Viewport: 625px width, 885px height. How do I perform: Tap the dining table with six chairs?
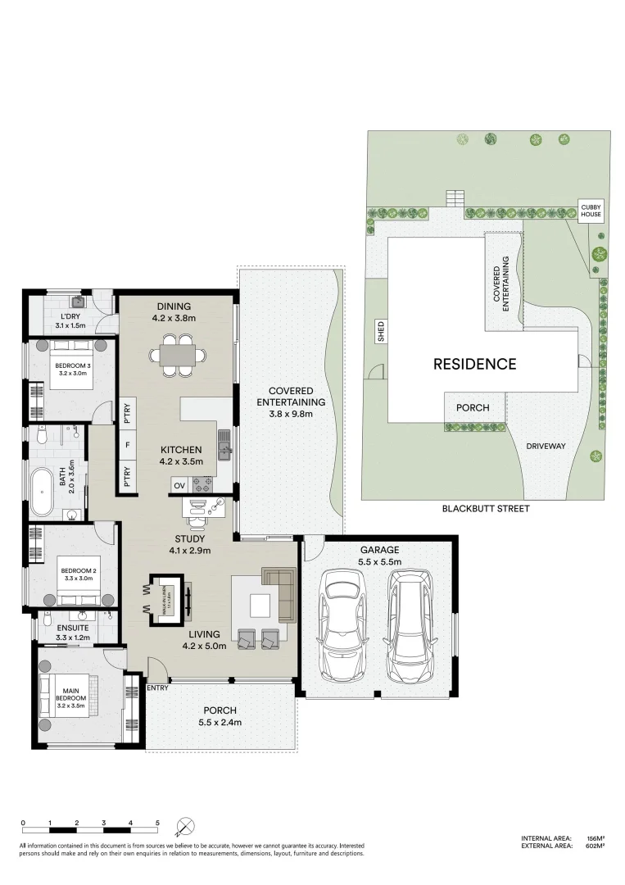click(173, 356)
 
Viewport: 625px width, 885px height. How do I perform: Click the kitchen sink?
click(224, 445)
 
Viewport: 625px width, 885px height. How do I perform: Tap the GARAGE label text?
click(379, 550)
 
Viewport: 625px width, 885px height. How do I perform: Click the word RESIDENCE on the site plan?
click(474, 364)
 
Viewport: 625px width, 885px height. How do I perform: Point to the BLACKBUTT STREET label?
click(486, 509)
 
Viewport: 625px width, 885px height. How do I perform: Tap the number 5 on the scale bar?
click(157, 822)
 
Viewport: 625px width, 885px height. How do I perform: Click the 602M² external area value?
click(596, 846)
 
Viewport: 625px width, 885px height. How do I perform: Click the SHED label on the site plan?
click(380, 331)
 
